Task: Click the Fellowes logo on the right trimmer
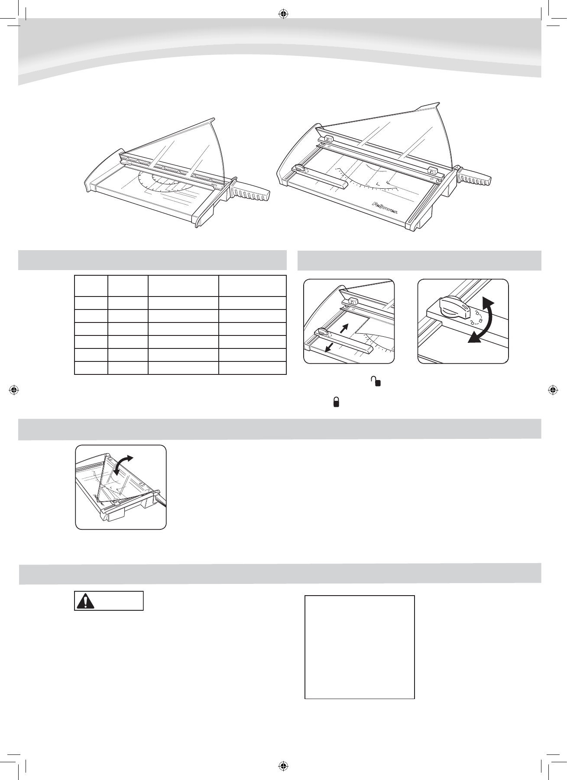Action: tap(388, 207)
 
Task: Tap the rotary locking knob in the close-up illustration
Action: tap(453, 306)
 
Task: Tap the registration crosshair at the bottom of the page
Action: tap(283, 765)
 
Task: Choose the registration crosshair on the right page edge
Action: tap(553, 390)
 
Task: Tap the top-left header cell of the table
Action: tap(91, 285)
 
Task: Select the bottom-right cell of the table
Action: tap(252, 368)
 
